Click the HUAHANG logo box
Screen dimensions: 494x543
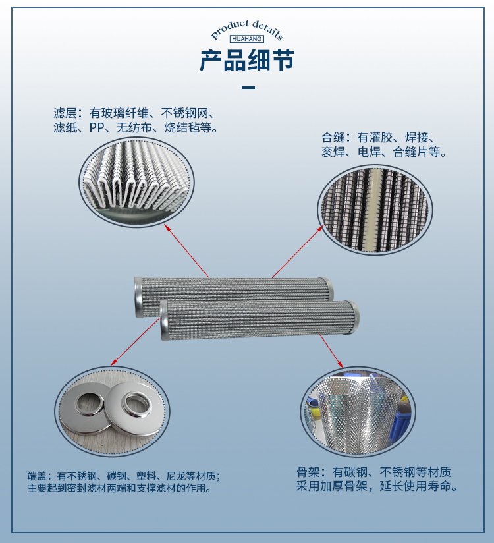[247, 38]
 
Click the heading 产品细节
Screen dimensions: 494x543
[247, 60]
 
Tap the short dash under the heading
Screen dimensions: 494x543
[248, 88]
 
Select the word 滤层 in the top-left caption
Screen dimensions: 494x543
[65, 113]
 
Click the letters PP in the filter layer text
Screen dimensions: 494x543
[97, 128]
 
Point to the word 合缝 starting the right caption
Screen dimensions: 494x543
[333, 138]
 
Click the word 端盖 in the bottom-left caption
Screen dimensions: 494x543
[37, 476]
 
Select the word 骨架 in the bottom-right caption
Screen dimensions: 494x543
[308, 472]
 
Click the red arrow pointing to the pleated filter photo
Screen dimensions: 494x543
[186, 250]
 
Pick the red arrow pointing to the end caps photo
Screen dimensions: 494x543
[136, 341]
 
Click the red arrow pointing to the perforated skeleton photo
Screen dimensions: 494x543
[331, 351]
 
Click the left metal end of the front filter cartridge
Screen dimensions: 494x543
[164, 320]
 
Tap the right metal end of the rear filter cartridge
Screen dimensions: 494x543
[329, 287]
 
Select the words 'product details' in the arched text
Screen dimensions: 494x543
[247, 29]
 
